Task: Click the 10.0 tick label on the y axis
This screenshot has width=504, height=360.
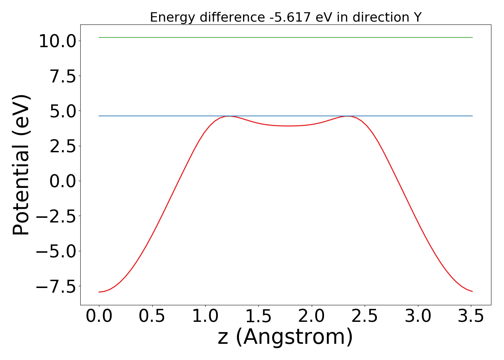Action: click(x=57, y=41)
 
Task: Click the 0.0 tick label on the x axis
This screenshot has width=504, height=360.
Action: click(x=99, y=316)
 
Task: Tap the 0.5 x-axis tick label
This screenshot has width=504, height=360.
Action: click(x=152, y=316)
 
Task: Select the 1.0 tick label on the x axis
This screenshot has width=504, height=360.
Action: click(x=205, y=316)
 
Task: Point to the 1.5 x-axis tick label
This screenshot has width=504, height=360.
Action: click(x=258, y=316)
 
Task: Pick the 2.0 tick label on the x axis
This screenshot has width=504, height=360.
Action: click(x=312, y=316)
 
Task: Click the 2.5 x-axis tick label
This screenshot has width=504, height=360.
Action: click(x=365, y=316)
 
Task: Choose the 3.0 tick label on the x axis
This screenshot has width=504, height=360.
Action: click(x=418, y=316)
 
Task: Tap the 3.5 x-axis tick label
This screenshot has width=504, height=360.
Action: click(x=471, y=316)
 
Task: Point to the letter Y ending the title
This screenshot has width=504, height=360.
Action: click(x=417, y=17)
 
